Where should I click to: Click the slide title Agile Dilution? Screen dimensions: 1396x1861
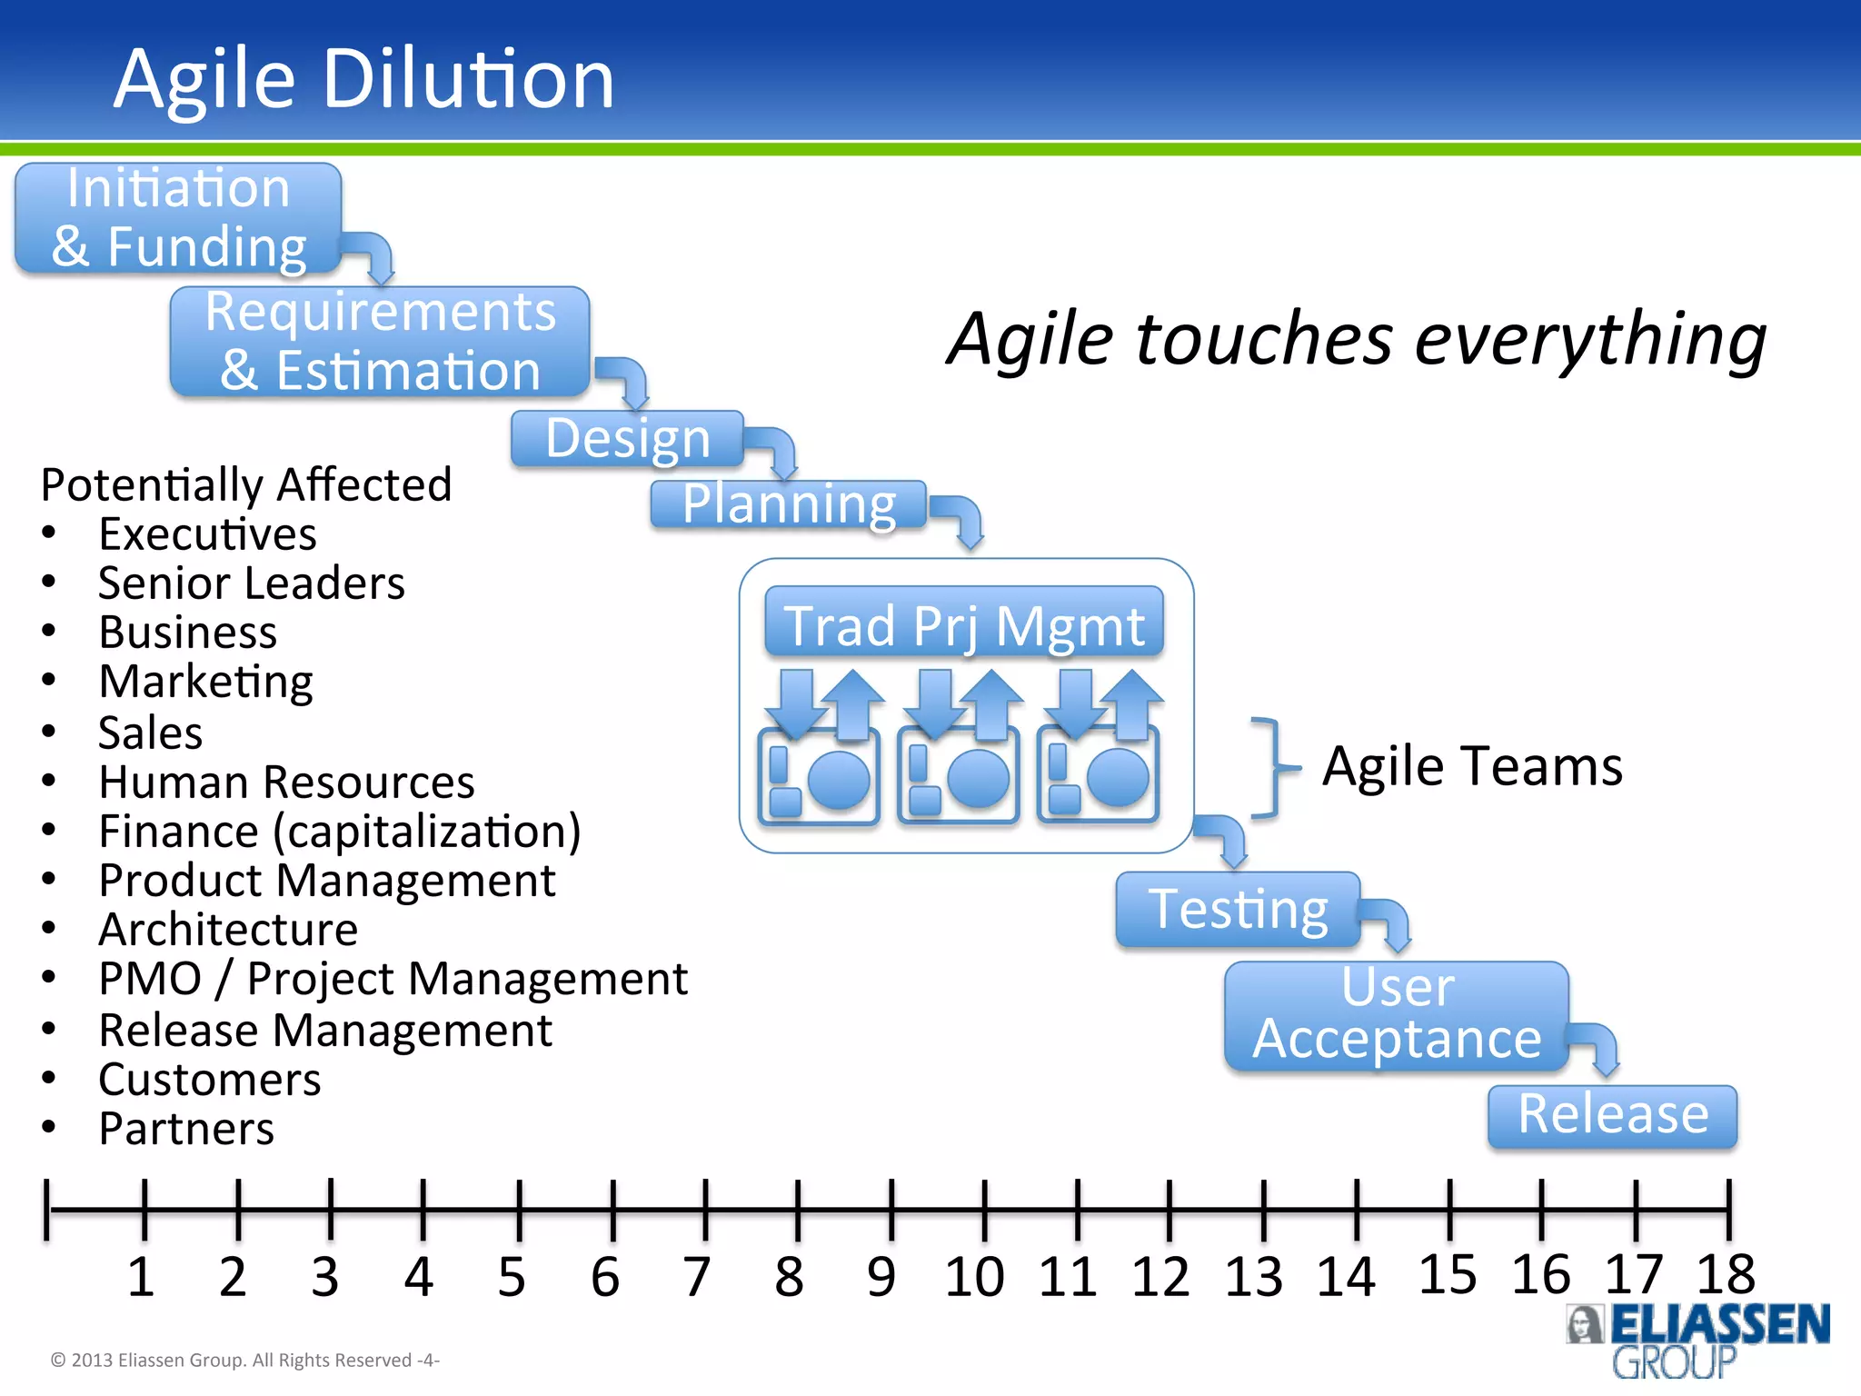coord(363,79)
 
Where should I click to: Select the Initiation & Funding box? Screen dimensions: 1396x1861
coord(178,218)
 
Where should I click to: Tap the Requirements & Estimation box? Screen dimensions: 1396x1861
coord(380,342)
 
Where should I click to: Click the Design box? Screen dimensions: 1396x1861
coord(627,439)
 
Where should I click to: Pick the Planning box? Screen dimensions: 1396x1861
coord(789,504)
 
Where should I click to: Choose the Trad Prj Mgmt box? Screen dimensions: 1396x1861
coord(964,623)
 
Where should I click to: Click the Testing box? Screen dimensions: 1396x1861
coord(1238,910)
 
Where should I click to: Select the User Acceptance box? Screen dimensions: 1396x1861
coord(1397,1014)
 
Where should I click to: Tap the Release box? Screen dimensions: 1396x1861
coord(1612,1115)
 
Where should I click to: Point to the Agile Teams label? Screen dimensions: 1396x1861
coord(1472,766)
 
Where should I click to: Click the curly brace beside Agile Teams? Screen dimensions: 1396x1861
coord(1272,768)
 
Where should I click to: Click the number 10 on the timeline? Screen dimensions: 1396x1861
coord(974,1277)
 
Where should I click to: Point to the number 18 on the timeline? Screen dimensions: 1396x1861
coord(1725,1274)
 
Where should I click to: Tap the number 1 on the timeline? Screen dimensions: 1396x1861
coord(141,1277)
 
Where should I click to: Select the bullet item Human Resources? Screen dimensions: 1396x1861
coord(286,783)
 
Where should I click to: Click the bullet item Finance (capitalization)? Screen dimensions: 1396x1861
coord(339,832)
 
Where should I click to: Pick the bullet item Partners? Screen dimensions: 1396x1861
coord(186,1129)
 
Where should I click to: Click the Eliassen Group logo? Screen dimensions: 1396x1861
coord(1697,1340)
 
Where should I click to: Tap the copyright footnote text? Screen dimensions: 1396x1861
coord(244,1360)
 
